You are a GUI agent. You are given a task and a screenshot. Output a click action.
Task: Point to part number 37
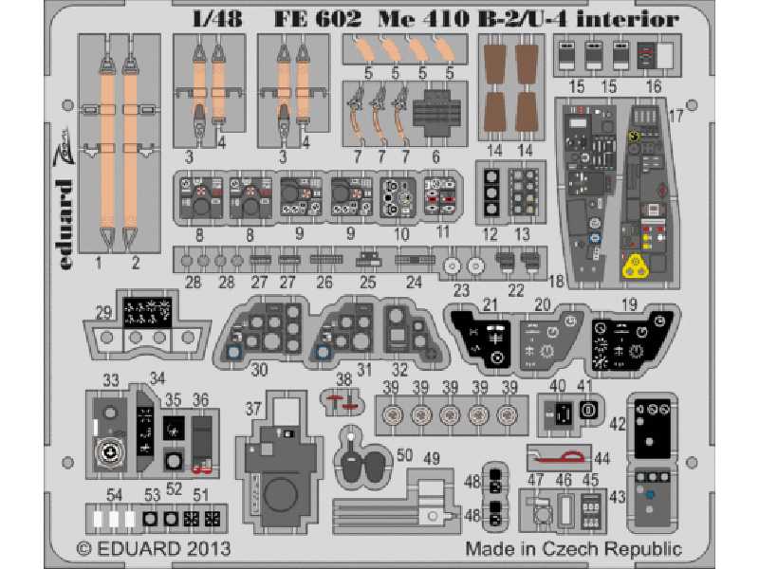(x=252, y=409)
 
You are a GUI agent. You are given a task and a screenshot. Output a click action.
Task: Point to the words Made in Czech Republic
(x=573, y=549)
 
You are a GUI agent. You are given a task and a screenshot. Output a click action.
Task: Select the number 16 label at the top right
(x=655, y=86)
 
